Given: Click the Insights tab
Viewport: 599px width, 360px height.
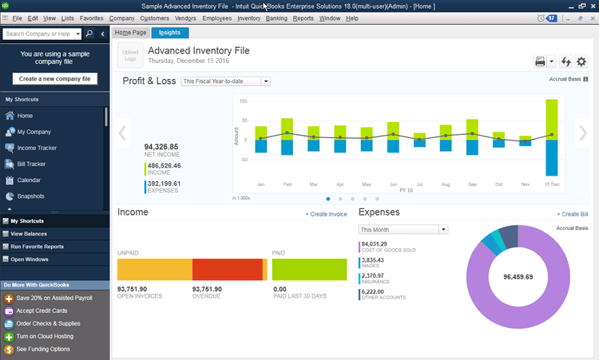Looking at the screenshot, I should coord(169,33).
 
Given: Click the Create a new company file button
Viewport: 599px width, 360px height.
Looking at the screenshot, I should coord(55,78).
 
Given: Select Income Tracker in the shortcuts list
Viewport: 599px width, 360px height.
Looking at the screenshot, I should coord(37,148).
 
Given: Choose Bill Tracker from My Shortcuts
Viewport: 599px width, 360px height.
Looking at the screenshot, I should coord(31,164).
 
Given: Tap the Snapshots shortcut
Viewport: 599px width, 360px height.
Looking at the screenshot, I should coord(31,196).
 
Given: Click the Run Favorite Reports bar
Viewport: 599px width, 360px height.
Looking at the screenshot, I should coord(38,247).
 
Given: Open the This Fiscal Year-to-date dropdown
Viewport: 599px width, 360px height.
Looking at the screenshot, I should coord(226,81).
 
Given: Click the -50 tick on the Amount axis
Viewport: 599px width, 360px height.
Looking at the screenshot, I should coord(243,160).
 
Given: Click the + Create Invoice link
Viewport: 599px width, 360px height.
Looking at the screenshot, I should coord(326,215).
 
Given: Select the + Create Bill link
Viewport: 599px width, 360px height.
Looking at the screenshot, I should coord(572,215).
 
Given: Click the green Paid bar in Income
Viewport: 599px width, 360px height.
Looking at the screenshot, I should coord(309,270).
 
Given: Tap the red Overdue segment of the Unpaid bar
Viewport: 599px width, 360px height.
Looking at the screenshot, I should coord(227,270).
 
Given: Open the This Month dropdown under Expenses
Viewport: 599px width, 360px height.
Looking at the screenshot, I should coord(403,230).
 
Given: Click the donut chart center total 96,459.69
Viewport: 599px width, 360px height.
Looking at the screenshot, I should coord(523,277).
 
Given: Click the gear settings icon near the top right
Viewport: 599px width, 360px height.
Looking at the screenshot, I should coord(581,61).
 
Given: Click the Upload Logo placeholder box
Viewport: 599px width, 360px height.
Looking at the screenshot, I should coord(130,55).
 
